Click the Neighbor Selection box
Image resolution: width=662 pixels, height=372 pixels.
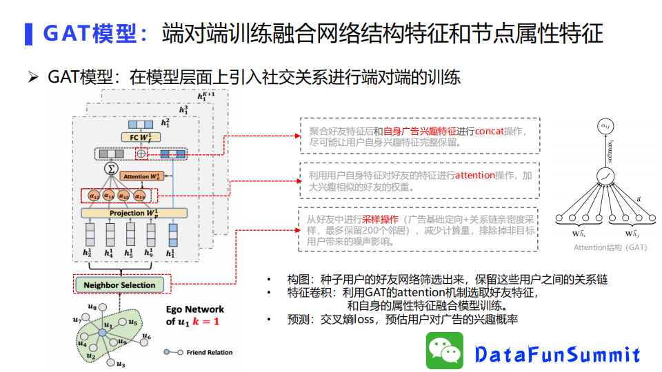(x=119, y=285)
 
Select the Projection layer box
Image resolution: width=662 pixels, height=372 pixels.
(x=130, y=213)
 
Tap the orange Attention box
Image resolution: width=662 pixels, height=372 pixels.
(x=144, y=176)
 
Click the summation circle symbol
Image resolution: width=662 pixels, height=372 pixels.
(x=110, y=169)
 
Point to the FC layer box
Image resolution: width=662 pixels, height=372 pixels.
(x=140, y=138)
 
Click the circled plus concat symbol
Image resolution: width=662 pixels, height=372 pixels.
(x=141, y=154)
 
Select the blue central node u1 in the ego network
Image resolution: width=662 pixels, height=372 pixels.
(x=102, y=333)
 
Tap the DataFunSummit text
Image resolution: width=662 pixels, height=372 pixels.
(x=558, y=354)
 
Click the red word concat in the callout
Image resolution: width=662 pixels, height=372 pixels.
(x=489, y=132)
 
